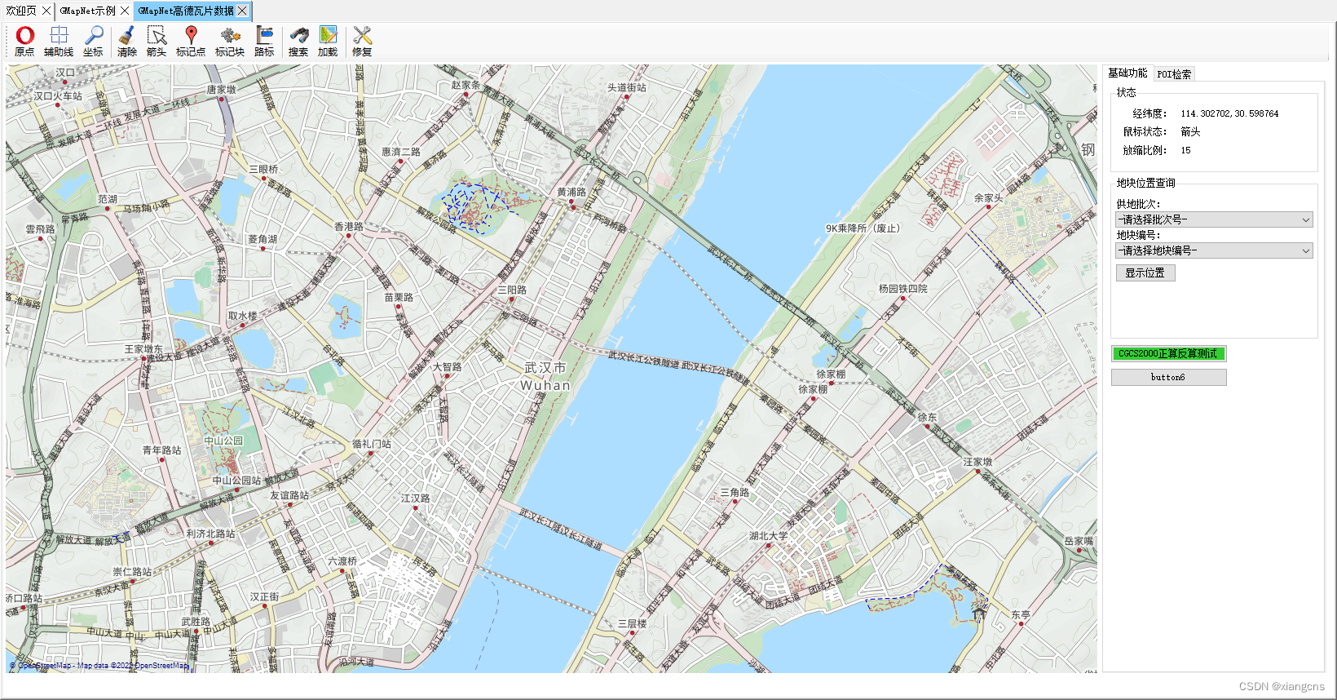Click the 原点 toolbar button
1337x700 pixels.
[x=24, y=41]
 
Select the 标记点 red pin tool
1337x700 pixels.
[x=191, y=41]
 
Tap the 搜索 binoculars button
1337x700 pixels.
[x=298, y=41]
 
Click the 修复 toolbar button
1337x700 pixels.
[x=362, y=41]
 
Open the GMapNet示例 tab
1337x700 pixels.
[x=87, y=11]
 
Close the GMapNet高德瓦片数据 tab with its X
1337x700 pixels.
[x=242, y=11]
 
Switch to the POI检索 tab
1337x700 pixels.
[x=1174, y=74]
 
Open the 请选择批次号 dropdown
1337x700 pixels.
[x=1214, y=219]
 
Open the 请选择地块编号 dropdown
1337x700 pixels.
[x=1214, y=250]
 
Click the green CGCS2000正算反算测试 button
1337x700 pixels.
[x=1167, y=353]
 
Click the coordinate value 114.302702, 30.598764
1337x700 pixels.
[x=1229, y=113]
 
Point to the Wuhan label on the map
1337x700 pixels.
[x=545, y=385]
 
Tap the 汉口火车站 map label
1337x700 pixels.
[x=58, y=95]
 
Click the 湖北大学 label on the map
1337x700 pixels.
[x=768, y=536]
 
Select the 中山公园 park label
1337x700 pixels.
[x=223, y=441]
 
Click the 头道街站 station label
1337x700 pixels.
[x=626, y=87]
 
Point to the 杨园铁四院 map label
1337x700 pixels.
[x=902, y=289]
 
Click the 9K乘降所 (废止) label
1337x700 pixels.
[x=863, y=228]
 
